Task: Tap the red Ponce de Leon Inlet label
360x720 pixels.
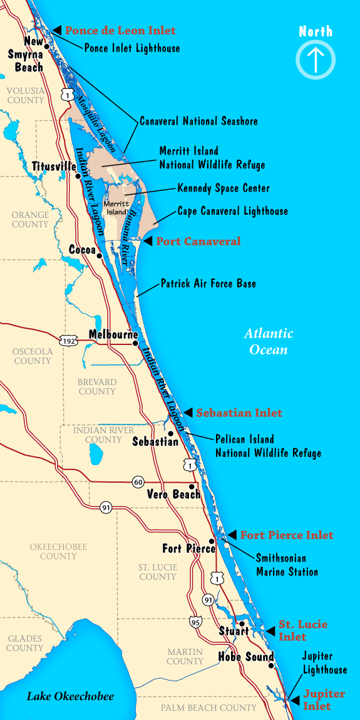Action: [120, 31]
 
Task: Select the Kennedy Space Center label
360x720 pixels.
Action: [224, 188]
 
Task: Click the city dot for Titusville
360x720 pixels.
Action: [78, 176]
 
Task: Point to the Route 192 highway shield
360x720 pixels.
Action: [68, 341]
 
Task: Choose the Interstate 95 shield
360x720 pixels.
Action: [196, 621]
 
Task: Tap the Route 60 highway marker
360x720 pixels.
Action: [138, 482]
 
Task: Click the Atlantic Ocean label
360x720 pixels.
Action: [269, 341]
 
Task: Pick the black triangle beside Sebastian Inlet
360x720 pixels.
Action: [188, 413]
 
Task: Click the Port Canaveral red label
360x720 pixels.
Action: [198, 241]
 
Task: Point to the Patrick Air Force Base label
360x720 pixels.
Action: [208, 284]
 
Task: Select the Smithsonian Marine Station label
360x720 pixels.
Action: [287, 564]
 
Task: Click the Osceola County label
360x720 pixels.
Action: [32, 356]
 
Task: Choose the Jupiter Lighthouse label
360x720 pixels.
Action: [324, 663]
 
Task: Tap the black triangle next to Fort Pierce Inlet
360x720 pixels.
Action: [232, 535]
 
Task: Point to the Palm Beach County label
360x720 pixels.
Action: [208, 707]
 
